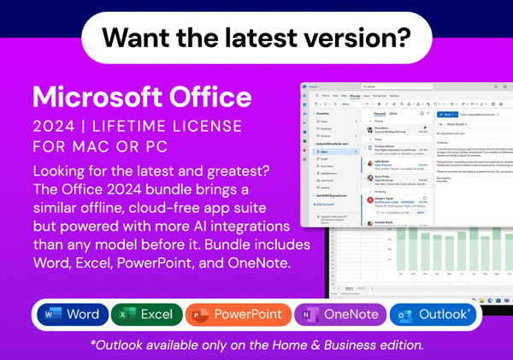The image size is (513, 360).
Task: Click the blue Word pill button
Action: point(73,315)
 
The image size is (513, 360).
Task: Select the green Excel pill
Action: point(146,315)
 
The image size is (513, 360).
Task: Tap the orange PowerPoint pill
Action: point(233,315)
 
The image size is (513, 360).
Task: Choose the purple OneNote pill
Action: point(339,315)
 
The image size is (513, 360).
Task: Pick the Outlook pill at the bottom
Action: point(434,315)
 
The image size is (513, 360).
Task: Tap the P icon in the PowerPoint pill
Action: point(198,315)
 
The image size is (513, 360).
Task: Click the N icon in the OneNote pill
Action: point(306,315)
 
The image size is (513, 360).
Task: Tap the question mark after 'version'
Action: point(404,37)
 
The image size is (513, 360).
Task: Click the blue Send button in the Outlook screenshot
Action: point(445,114)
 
